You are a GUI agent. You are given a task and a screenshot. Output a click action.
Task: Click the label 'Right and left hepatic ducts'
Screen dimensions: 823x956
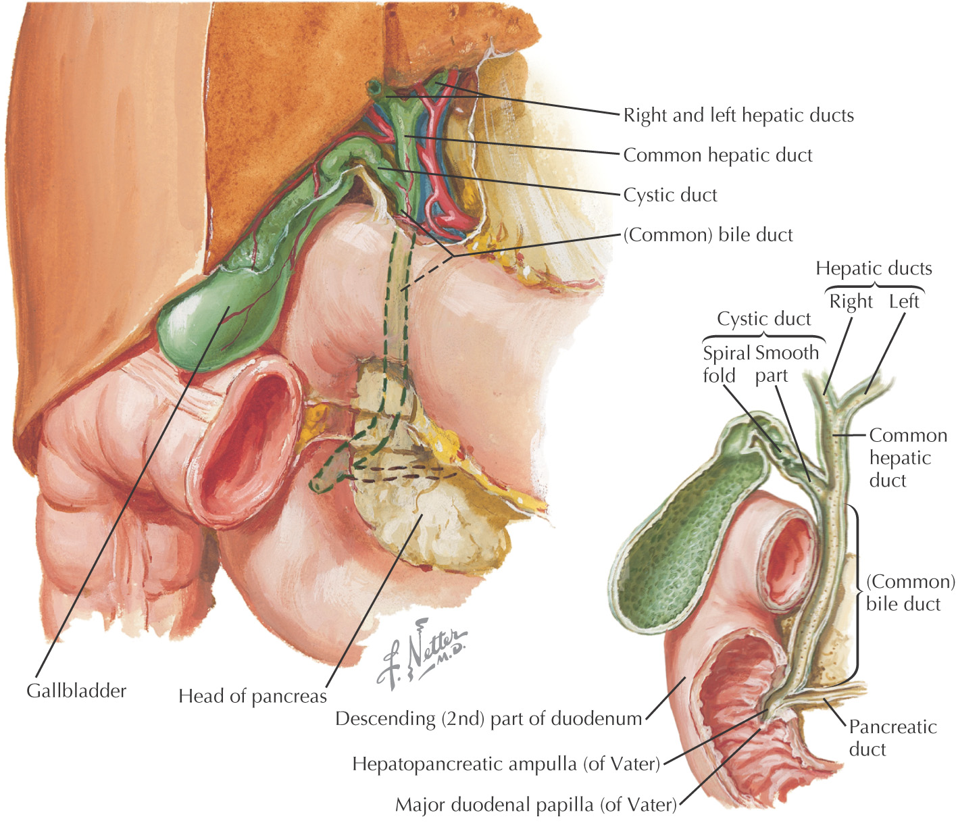click(x=738, y=116)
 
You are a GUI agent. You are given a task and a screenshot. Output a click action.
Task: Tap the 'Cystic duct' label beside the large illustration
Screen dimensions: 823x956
click(x=670, y=195)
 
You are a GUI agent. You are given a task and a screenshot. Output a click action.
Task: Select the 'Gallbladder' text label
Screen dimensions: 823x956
click(x=76, y=691)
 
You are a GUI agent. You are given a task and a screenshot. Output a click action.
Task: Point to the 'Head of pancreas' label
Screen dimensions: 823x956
click(x=252, y=696)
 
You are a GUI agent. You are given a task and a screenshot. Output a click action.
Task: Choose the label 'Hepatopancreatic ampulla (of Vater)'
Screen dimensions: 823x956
click(x=506, y=764)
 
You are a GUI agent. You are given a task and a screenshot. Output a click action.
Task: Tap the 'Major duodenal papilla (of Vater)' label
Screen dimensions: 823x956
click(x=535, y=805)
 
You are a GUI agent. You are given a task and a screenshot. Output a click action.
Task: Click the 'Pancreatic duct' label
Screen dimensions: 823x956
click(x=892, y=738)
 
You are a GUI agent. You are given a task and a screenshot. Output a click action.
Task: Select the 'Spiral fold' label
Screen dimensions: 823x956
click(x=726, y=364)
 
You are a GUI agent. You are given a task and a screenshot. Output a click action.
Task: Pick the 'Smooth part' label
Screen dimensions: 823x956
click(x=786, y=364)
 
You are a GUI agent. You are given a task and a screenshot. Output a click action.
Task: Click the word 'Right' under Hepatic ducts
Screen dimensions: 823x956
click(x=851, y=301)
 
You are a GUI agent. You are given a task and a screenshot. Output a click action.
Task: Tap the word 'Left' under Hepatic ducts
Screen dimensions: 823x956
click(x=903, y=301)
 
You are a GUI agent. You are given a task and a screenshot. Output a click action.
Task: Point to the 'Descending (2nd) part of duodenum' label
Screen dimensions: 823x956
click(x=488, y=718)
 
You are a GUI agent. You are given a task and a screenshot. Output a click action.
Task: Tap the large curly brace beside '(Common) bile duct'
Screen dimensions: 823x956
click(x=856, y=595)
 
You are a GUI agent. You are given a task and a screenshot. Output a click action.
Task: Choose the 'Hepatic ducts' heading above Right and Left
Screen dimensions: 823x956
click(x=873, y=269)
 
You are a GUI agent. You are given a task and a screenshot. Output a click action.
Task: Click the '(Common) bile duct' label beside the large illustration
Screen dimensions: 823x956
click(x=707, y=235)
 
